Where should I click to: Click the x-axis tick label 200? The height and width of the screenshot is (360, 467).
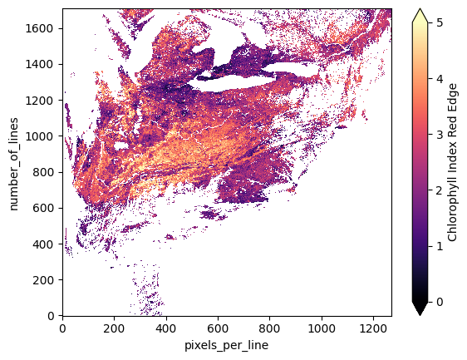pyautogui.click(x=114, y=328)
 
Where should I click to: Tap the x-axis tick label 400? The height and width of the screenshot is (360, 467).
pyautogui.click(x=165, y=328)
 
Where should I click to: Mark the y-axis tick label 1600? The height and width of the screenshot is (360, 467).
pyautogui.click(x=43, y=27)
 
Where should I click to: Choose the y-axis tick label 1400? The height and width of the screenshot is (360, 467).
pyautogui.click(x=43, y=64)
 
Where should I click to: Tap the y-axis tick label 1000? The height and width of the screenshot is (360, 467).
pyautogui.click(x=43, y=136)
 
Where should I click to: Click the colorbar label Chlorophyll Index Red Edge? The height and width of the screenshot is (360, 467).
pyautogui.click(x=453, y=162)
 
